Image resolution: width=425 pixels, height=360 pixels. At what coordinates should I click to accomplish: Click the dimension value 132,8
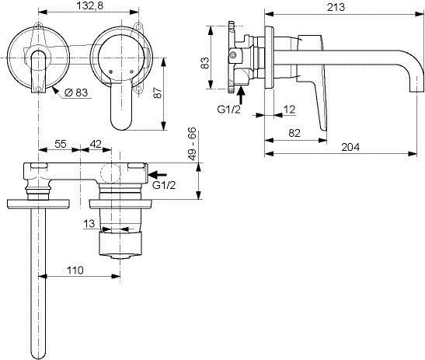(89, 5)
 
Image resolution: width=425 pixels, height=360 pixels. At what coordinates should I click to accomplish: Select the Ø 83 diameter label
(76, 93)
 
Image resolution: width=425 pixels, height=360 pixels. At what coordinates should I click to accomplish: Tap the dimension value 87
(158, 93)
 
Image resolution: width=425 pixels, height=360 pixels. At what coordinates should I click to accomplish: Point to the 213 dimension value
(336, 7)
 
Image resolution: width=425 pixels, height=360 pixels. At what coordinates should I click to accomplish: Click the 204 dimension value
(350, 147)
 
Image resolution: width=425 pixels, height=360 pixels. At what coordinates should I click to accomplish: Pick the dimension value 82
(294, 133)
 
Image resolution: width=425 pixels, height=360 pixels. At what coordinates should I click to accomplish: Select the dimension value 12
(289, 110)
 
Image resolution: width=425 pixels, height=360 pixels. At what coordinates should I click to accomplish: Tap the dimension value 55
(61, 144)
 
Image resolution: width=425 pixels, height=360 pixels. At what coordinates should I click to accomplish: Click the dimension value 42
(96, 144)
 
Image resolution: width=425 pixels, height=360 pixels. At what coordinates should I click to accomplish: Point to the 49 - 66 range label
(192, 144)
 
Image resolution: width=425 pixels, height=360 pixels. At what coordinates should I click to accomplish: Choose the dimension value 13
(89, 223)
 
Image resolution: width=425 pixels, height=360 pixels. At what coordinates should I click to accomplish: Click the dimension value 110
(75, 271)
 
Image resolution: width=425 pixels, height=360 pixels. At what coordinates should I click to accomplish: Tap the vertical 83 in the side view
(205, 63)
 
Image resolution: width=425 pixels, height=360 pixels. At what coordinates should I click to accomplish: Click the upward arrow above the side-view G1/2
(241, 94)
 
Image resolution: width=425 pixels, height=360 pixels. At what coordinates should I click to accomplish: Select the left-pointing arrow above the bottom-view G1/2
(158, 174)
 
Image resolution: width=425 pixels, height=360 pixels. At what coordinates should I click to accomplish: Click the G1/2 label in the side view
(228, 110)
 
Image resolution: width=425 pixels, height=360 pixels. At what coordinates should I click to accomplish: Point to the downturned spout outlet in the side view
(416, 86)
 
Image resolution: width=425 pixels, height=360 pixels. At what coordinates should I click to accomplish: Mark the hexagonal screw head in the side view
(233, 55)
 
